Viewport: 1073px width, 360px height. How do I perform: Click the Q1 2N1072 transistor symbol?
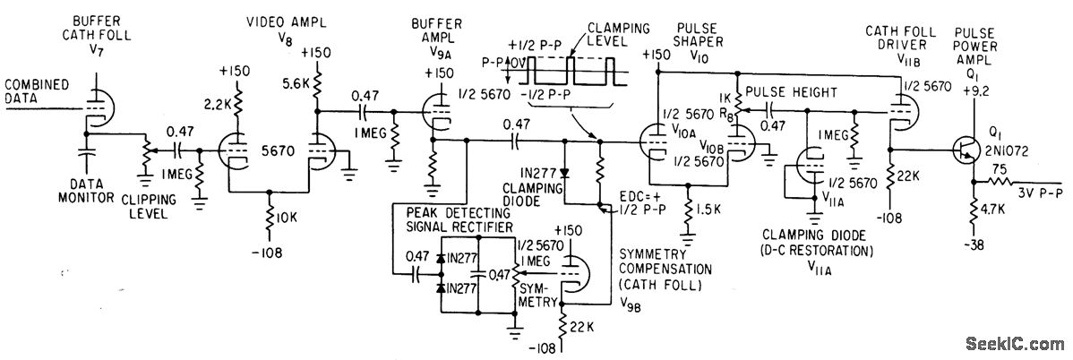(x=965, y=150)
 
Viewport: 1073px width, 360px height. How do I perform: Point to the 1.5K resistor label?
(x=709, y=227)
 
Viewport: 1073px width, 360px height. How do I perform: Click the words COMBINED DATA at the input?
(x=36, y=91)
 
